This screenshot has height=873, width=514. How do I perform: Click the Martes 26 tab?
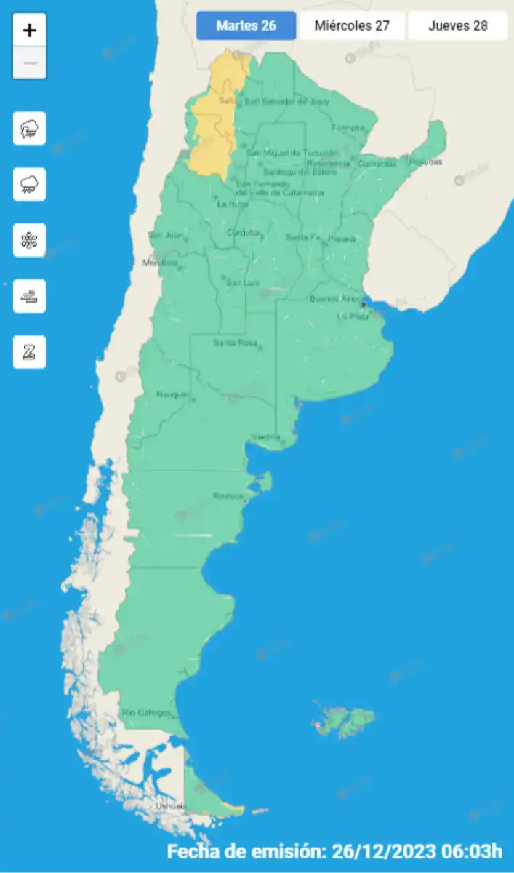coord(246,26)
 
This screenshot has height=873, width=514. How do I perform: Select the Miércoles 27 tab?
coord(352,26)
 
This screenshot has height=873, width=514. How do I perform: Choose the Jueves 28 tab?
coord(457,26)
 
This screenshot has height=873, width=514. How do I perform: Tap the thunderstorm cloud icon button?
coord(29,129)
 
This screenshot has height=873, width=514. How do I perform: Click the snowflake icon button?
coord(29,240)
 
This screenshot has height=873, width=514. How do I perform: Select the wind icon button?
coord(29,296)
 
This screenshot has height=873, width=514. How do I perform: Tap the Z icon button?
coord(29,352)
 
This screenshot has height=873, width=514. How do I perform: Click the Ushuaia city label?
coord(172,806)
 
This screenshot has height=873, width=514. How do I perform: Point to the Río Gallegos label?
coord(146,712)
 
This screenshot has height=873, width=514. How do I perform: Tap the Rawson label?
coord(228,495)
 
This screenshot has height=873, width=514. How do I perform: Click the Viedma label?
coord(266,436)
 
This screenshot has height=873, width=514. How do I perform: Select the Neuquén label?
coord(173,394)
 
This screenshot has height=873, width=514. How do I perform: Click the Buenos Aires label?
coord(334,298)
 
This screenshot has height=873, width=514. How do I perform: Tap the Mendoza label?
coord(160,263)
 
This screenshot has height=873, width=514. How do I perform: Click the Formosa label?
coord(348,128)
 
